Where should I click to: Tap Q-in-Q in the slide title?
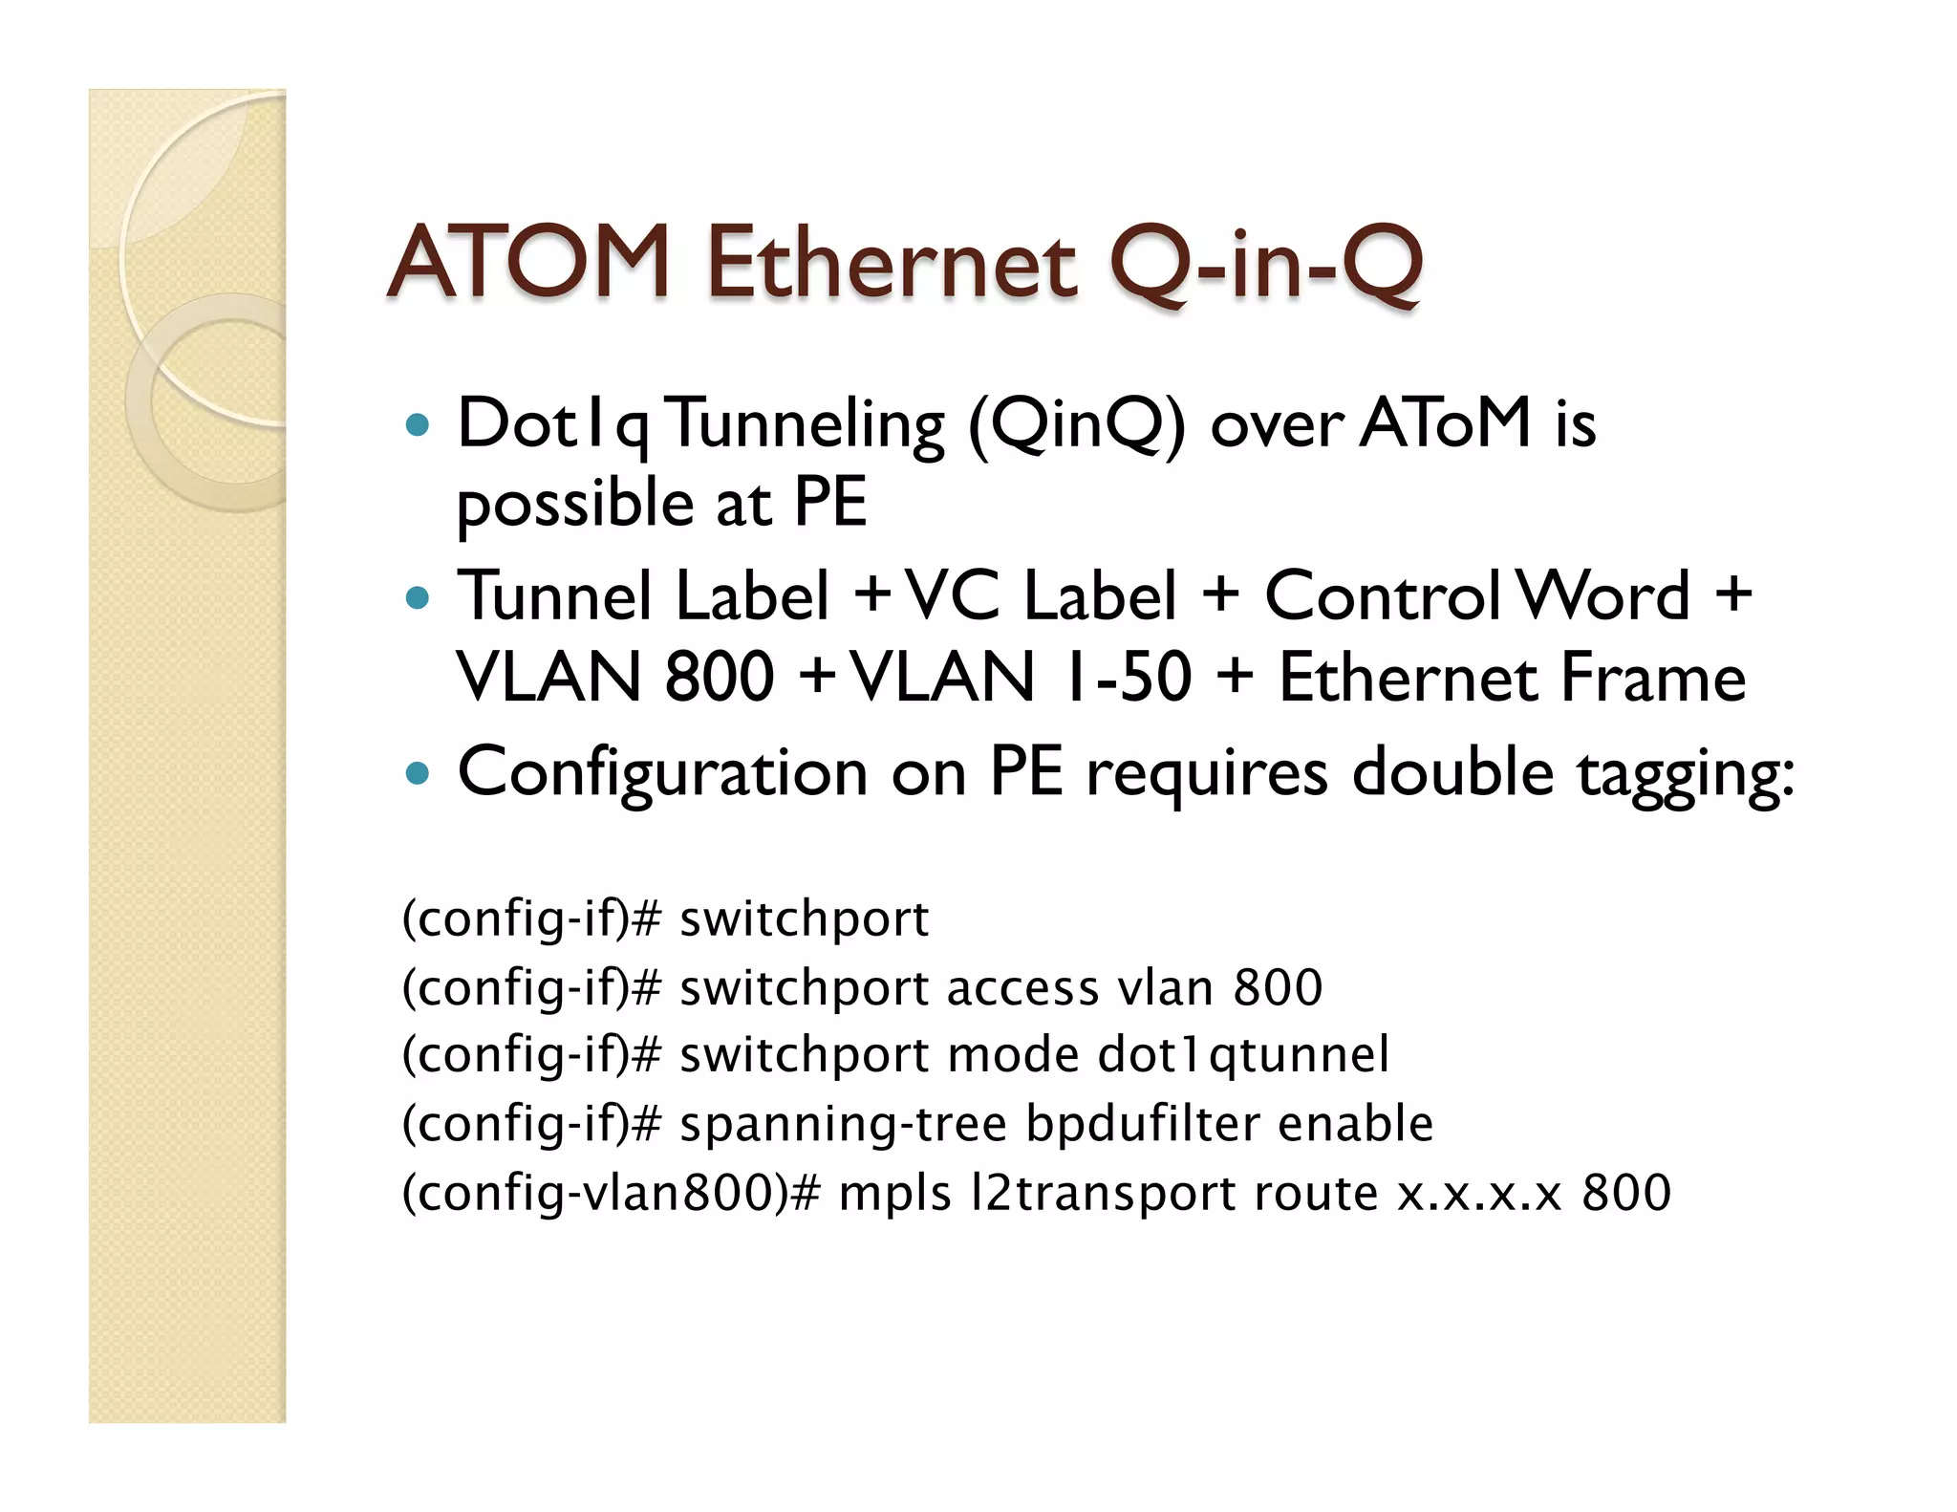click(x=1265, y=264)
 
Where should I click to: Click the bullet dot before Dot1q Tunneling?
click(x=418, y=424)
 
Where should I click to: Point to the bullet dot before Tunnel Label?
click(x=418, y=598)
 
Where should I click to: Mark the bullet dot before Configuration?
click(x=418, y=772)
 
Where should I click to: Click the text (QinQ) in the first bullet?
click(x=1077, y=425)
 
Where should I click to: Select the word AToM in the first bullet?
click(x=1446, y=423)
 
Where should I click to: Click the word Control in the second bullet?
click(x=1383, y=596)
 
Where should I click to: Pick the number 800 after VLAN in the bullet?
click(x=719, y=678)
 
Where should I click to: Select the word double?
click(x=1452, y=771)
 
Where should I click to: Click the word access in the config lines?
click(x=1022, y=987)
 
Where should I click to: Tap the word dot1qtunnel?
click(x=1243, y=1055)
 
